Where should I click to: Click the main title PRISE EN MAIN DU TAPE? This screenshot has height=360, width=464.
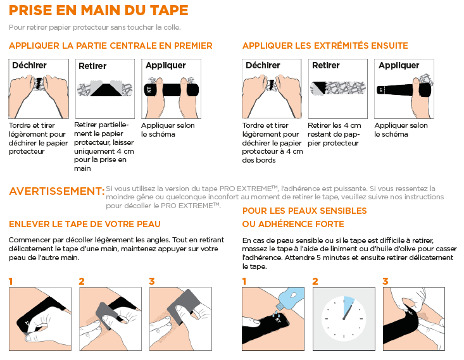98,11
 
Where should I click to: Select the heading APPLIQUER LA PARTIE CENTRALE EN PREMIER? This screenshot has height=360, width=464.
110,46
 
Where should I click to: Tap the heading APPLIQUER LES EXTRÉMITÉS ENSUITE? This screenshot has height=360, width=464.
325,46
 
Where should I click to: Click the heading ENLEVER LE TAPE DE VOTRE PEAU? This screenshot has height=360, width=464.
85,224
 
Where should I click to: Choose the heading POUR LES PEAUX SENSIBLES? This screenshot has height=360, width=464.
304,211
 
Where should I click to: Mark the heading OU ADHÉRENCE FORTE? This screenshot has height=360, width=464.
292,224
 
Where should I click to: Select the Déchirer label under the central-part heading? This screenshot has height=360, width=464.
29,65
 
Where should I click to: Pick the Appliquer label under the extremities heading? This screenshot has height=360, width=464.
398,65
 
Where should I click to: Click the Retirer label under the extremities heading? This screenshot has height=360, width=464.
326,65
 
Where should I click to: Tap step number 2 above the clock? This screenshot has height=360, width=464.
315,281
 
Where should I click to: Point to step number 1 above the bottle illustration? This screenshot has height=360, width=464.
245,281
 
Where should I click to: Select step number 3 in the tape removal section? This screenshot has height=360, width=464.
152,281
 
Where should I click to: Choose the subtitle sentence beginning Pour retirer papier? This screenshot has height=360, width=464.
95,27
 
